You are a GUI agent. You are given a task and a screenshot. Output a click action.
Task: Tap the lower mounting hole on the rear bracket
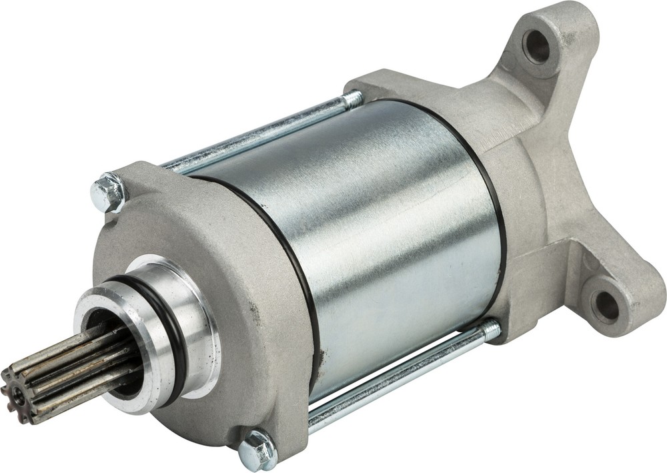606,305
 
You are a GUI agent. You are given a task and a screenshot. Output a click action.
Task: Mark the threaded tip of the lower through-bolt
490,330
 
